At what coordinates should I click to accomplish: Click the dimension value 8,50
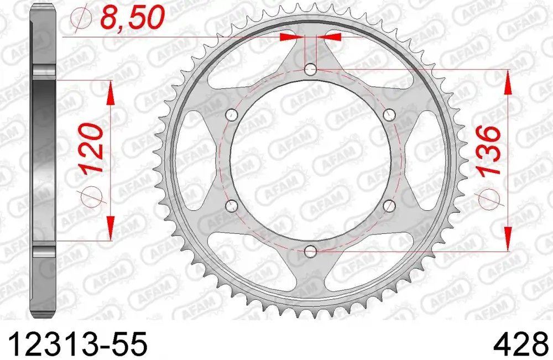click(x=133, y=18)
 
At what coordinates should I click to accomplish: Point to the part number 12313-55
click(x=74, y=344)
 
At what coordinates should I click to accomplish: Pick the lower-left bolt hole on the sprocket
click(x=232, y=206)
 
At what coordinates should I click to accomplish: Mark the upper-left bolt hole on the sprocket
click(x=232, y=114)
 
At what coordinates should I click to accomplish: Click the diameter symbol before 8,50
click(x=81, y=20)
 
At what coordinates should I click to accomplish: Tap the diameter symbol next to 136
click(x=488, y=197)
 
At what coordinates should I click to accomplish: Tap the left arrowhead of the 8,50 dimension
click(x=293, y=37)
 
